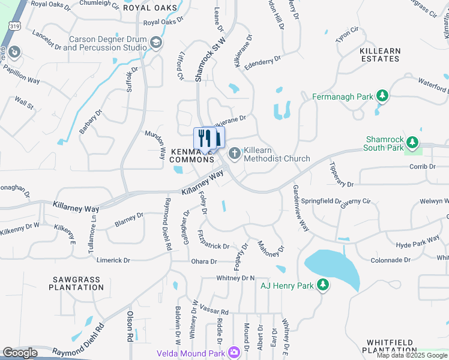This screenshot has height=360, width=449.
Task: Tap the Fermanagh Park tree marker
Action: (x=382, y=96)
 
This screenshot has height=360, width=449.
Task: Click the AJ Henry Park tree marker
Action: (x=323, y=284)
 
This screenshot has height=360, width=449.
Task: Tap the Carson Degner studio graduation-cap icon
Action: (x=156, y=42)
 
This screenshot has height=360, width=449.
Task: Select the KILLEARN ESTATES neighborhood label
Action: (x=379, y=55)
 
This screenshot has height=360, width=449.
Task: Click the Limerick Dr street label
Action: (x=110, y=260)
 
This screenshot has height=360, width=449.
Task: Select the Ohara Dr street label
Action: (x=203, y=262)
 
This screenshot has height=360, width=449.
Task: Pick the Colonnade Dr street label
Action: (x=390, y=260)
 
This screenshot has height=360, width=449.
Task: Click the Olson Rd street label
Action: (x=130, y=326)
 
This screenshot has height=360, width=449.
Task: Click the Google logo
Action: (x=20, y=353)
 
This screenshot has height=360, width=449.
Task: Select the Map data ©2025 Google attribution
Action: (x=412, y=356)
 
